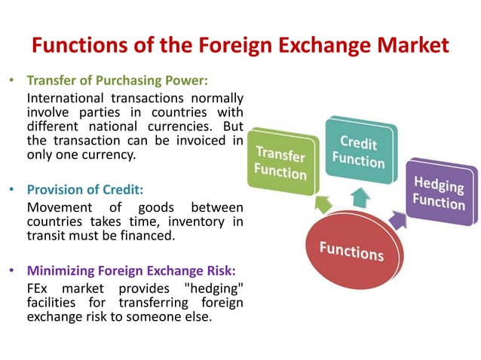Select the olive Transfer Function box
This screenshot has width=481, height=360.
(280, 163)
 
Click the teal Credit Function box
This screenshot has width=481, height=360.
(358, 150)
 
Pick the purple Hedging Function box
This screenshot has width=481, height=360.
(439, 192)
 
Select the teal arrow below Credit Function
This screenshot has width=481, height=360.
(361, 198)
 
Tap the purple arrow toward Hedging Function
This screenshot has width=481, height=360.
(397, 219)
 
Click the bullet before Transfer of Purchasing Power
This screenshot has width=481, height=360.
(13, 80)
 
